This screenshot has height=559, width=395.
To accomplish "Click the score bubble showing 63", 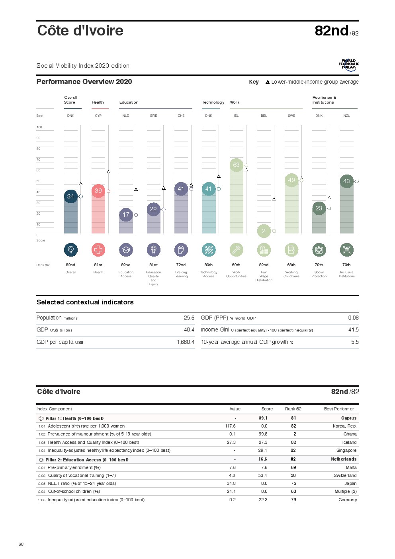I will tap(236, 165).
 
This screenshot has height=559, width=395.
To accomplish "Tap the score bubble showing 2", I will tap(264, 231).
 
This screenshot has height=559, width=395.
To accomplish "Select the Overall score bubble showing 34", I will tap(70, 196).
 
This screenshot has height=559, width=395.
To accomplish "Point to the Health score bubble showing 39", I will tap(98, 191).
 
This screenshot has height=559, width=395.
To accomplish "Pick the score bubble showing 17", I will tap(126, 215).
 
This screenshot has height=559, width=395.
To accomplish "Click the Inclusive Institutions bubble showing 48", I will tap(346, 181).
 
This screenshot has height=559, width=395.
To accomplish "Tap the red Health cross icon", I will tap(98, 250).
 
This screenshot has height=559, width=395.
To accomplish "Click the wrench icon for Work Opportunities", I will tap(236, 250).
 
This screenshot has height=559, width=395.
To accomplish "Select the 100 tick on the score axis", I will tap(39, 127).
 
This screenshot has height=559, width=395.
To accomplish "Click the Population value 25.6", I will tap(189, 318).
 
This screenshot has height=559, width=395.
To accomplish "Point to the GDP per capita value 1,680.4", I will tap(186, 342).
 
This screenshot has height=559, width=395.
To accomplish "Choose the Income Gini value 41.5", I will tap(353, 330).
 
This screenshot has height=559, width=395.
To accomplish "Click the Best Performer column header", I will tap(339, 409).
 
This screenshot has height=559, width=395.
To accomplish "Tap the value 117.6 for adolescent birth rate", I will tap(230, 426).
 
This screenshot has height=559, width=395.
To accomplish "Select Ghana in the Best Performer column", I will tap(350, 434).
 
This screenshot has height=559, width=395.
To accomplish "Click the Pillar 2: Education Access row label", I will tap(87, 460).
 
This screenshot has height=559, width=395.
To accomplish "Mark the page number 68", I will tap(21, 544).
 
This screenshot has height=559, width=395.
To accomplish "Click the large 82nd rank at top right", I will tap(332, 31).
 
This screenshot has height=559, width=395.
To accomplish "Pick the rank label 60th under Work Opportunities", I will tap(236, 265).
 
